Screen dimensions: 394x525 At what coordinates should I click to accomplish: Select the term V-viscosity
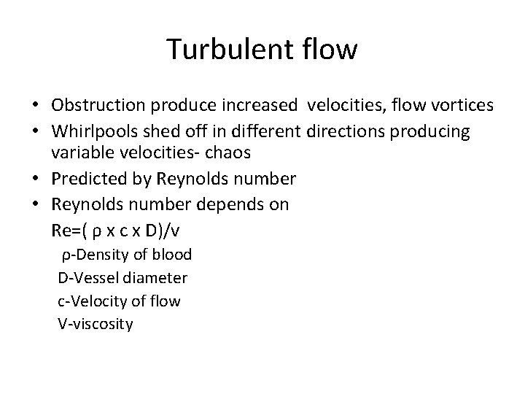(x=96, y=324)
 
